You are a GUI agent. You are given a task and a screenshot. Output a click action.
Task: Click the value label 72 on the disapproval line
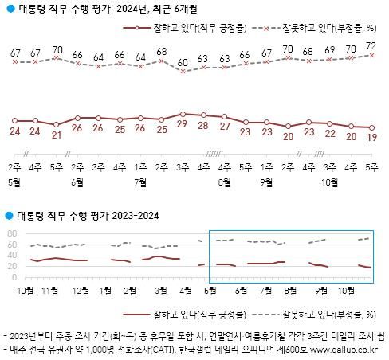point(370,46)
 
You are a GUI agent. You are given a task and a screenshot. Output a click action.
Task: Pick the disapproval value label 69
point(328,51)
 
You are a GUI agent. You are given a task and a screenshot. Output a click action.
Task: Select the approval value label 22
point(328,133)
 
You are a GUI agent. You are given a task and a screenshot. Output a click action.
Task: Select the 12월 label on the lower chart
point(104,289)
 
